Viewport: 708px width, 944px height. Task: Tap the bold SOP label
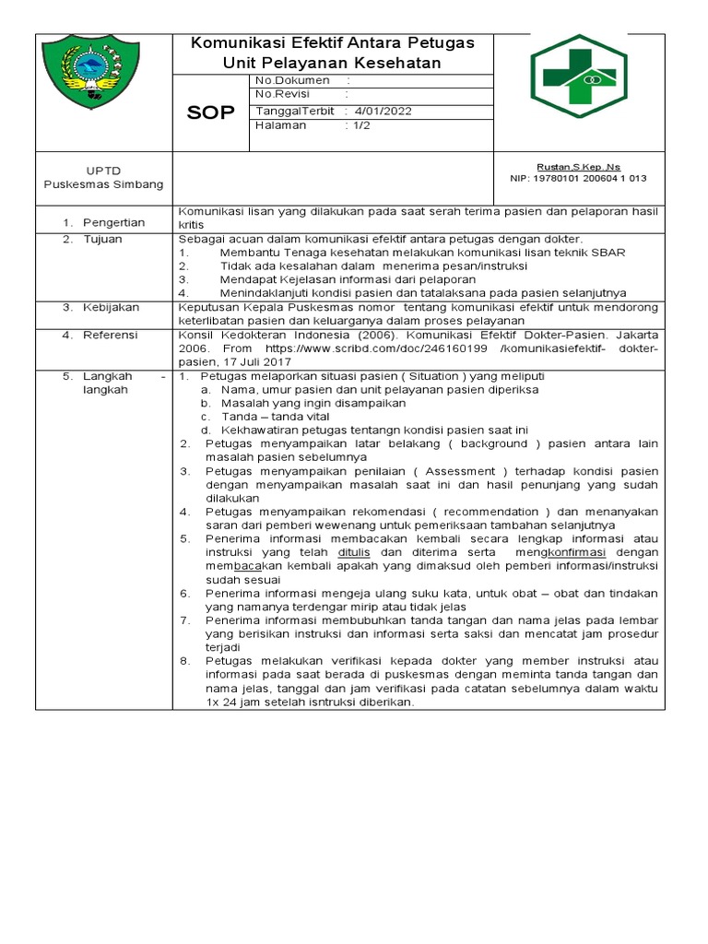(x=211, y=112)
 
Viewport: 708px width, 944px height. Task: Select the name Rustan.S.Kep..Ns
(x=578, y=167)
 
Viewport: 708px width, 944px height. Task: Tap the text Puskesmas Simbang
(x=104, y=184)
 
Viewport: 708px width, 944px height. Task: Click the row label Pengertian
(x=114, y=223)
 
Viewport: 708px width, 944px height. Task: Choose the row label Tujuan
(x=102, y=240)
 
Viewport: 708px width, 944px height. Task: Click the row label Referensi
(x=111, y=336)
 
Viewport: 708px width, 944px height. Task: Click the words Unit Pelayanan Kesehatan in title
(x=332, y=64)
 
